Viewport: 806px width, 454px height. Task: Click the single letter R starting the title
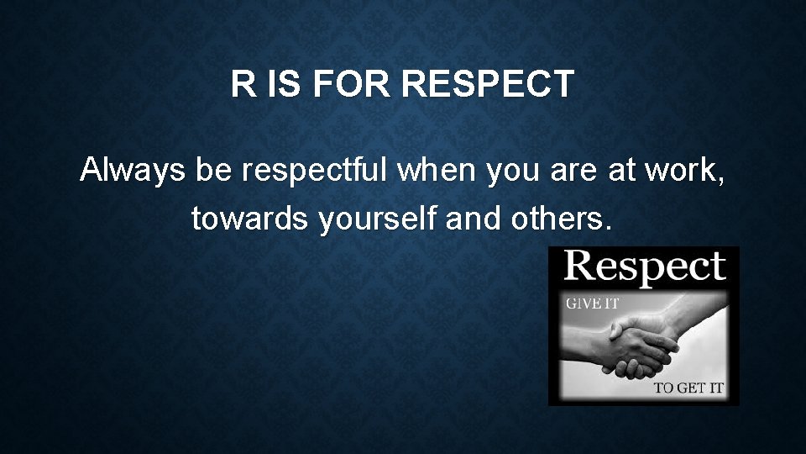pyautogui.click(x=243, y=85)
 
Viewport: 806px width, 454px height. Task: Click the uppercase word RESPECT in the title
pyautogui.click(x=488, y=85)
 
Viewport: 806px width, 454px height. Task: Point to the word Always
pyautogui.click(x=134, y=171)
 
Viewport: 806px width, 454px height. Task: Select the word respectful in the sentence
pyautogui.click(x=317, y=171)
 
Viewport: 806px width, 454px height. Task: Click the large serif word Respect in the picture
pyautogui.click(x=644, y=267)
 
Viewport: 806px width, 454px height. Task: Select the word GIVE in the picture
pyautogui.click(x=584, y=304)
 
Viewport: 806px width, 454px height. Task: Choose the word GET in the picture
pyautogui.click(x=692, y=388)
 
